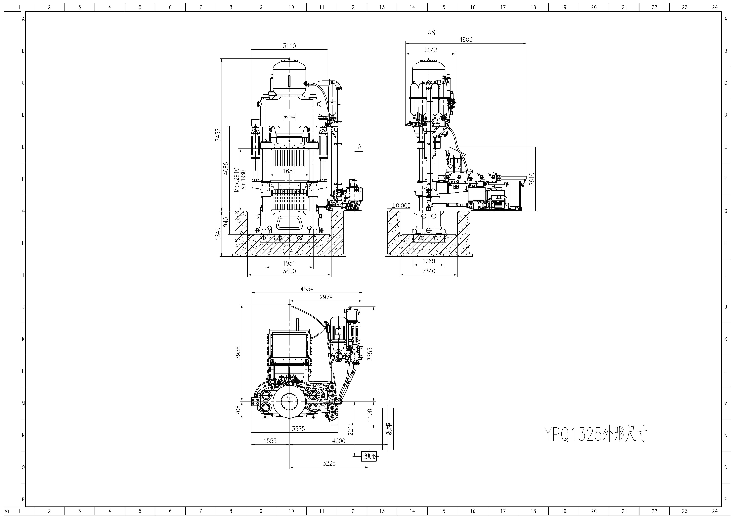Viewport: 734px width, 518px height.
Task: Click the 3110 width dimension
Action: tap(289, 46)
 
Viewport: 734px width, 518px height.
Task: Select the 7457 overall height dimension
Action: tap(218, 135)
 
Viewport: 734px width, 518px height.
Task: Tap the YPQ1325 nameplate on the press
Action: tap(289, 117)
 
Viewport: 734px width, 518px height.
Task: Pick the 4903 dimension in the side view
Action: tap(466, 40)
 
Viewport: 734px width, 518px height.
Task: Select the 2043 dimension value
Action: tap(431, 50)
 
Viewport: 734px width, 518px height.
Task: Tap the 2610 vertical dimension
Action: tap(532, 179)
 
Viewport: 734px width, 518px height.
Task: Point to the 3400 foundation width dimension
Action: tap(289, 271)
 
